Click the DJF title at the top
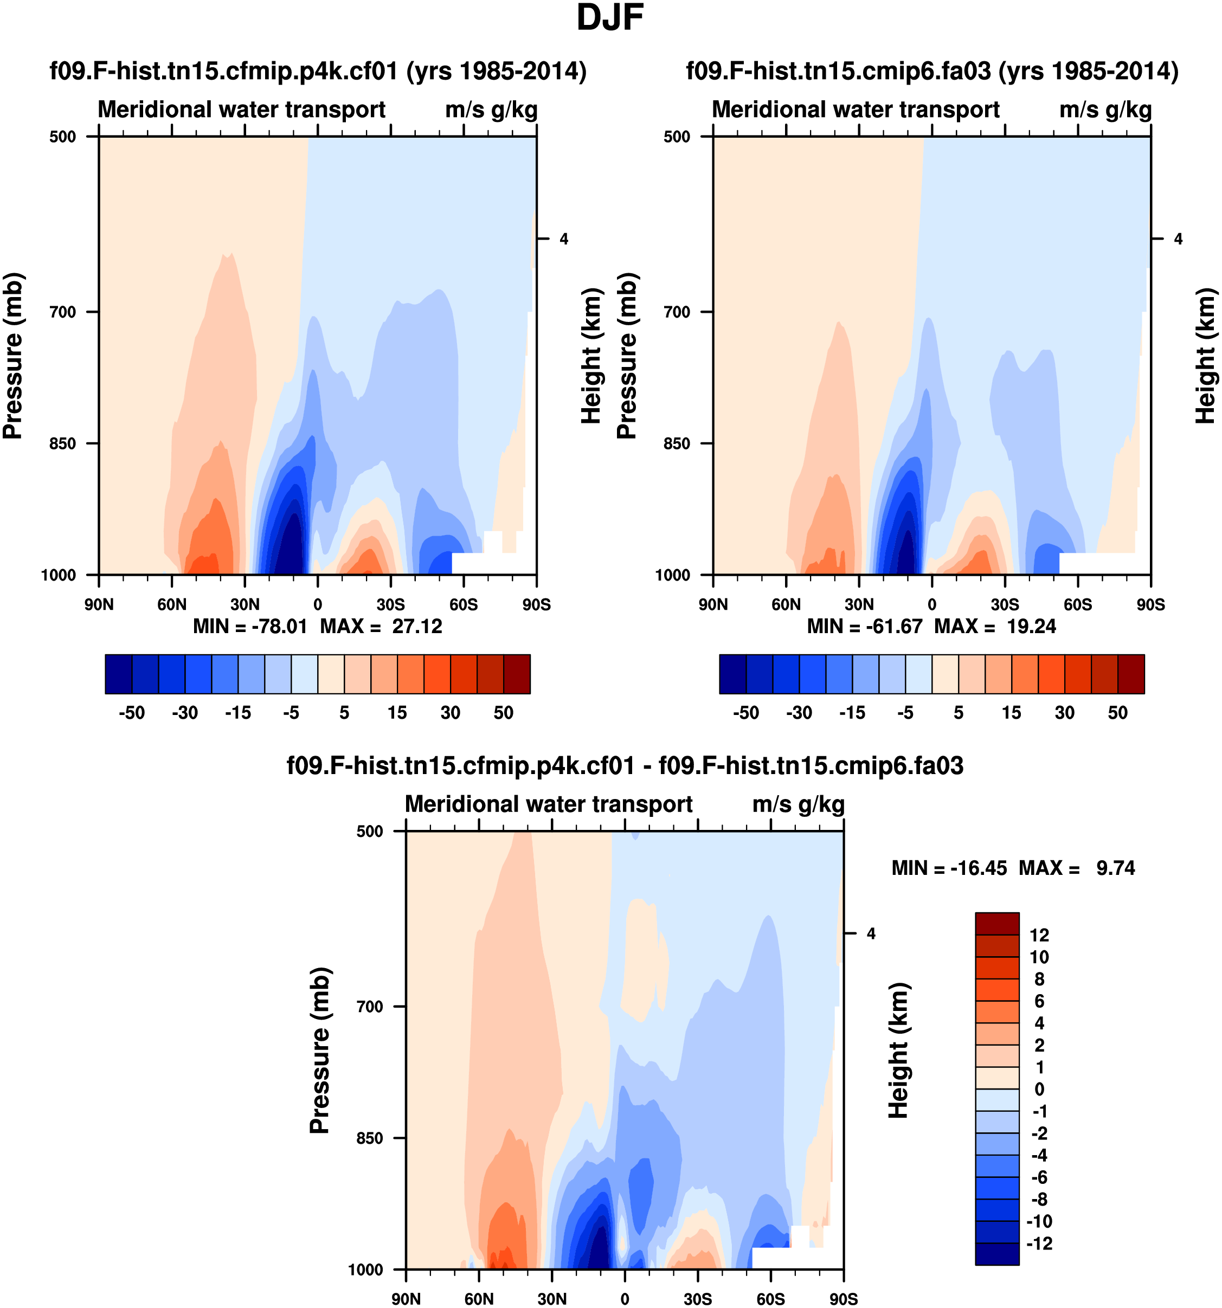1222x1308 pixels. (x=609, y=18)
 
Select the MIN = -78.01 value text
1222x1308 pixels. (x=250, y=627)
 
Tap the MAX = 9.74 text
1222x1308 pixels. (x=1077, y=868)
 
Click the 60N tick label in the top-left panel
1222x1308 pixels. (x=172, y=604)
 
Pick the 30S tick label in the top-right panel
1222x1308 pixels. (x=1005, y=604)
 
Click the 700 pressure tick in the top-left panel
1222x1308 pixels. (x=63, y=312)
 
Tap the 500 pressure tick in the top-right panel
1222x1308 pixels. (x=677, y=137)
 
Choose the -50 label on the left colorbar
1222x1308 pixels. (x=132, y=713)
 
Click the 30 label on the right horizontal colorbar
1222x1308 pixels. (x=1065, y=713)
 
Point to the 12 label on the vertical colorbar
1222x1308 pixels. (x=1039, y=935)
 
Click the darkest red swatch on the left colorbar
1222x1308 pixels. (x=517, y=674)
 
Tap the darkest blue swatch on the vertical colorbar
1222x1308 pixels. (x=997, y=1253)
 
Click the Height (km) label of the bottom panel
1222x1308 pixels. (x=899, y=1050)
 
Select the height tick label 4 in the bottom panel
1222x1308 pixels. (x=871, y=933)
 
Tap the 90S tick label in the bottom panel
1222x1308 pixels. (x=843, y=1299)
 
